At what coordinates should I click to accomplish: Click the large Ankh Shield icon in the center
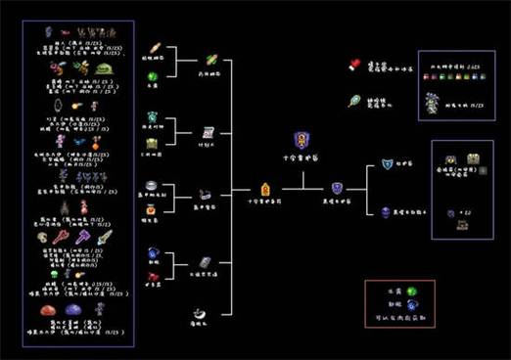[x=302, y=141]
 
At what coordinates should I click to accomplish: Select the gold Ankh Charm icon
[x=264, y=188]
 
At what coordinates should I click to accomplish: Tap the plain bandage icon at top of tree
[x=155, y=48]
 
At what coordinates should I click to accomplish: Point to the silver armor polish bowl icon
[x=153, y=185]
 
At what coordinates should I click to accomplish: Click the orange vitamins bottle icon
[x=153, y=208]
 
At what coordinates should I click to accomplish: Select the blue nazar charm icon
[x=154, y=253]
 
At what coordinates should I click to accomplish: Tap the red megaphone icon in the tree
[x=154, y=277]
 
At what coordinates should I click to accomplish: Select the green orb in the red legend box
[x=412, y=291]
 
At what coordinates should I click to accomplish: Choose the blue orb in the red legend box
[x=412, y=305]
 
